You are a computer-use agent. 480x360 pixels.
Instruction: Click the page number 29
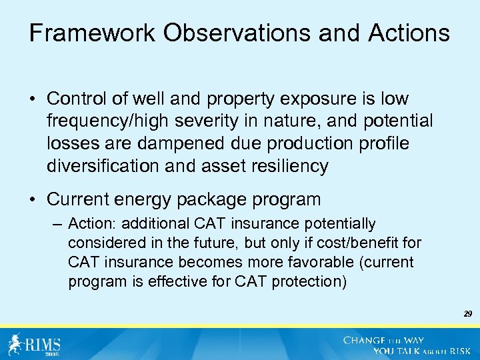(x=467, y=313)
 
